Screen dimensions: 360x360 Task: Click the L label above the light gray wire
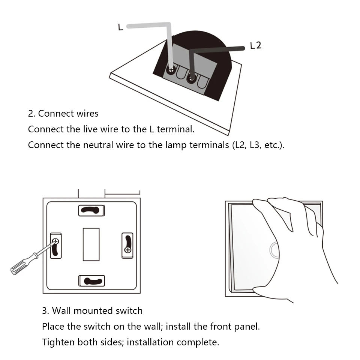tap(120, 27)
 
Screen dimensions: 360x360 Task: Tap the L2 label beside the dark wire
tap(255, 46)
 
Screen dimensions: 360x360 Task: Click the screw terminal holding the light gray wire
tap(171, 70)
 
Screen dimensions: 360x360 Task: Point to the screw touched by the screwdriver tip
tap(55, 241)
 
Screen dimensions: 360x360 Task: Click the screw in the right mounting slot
tap(127, 249)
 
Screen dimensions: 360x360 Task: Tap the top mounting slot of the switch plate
tap(91, 210)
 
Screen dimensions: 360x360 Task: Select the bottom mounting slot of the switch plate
tap(91, 281)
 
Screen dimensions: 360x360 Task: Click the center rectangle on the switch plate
tap(91, 244)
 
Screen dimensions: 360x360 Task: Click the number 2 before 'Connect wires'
tap(31, 113)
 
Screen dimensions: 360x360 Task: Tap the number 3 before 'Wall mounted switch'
tap(45, 311)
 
